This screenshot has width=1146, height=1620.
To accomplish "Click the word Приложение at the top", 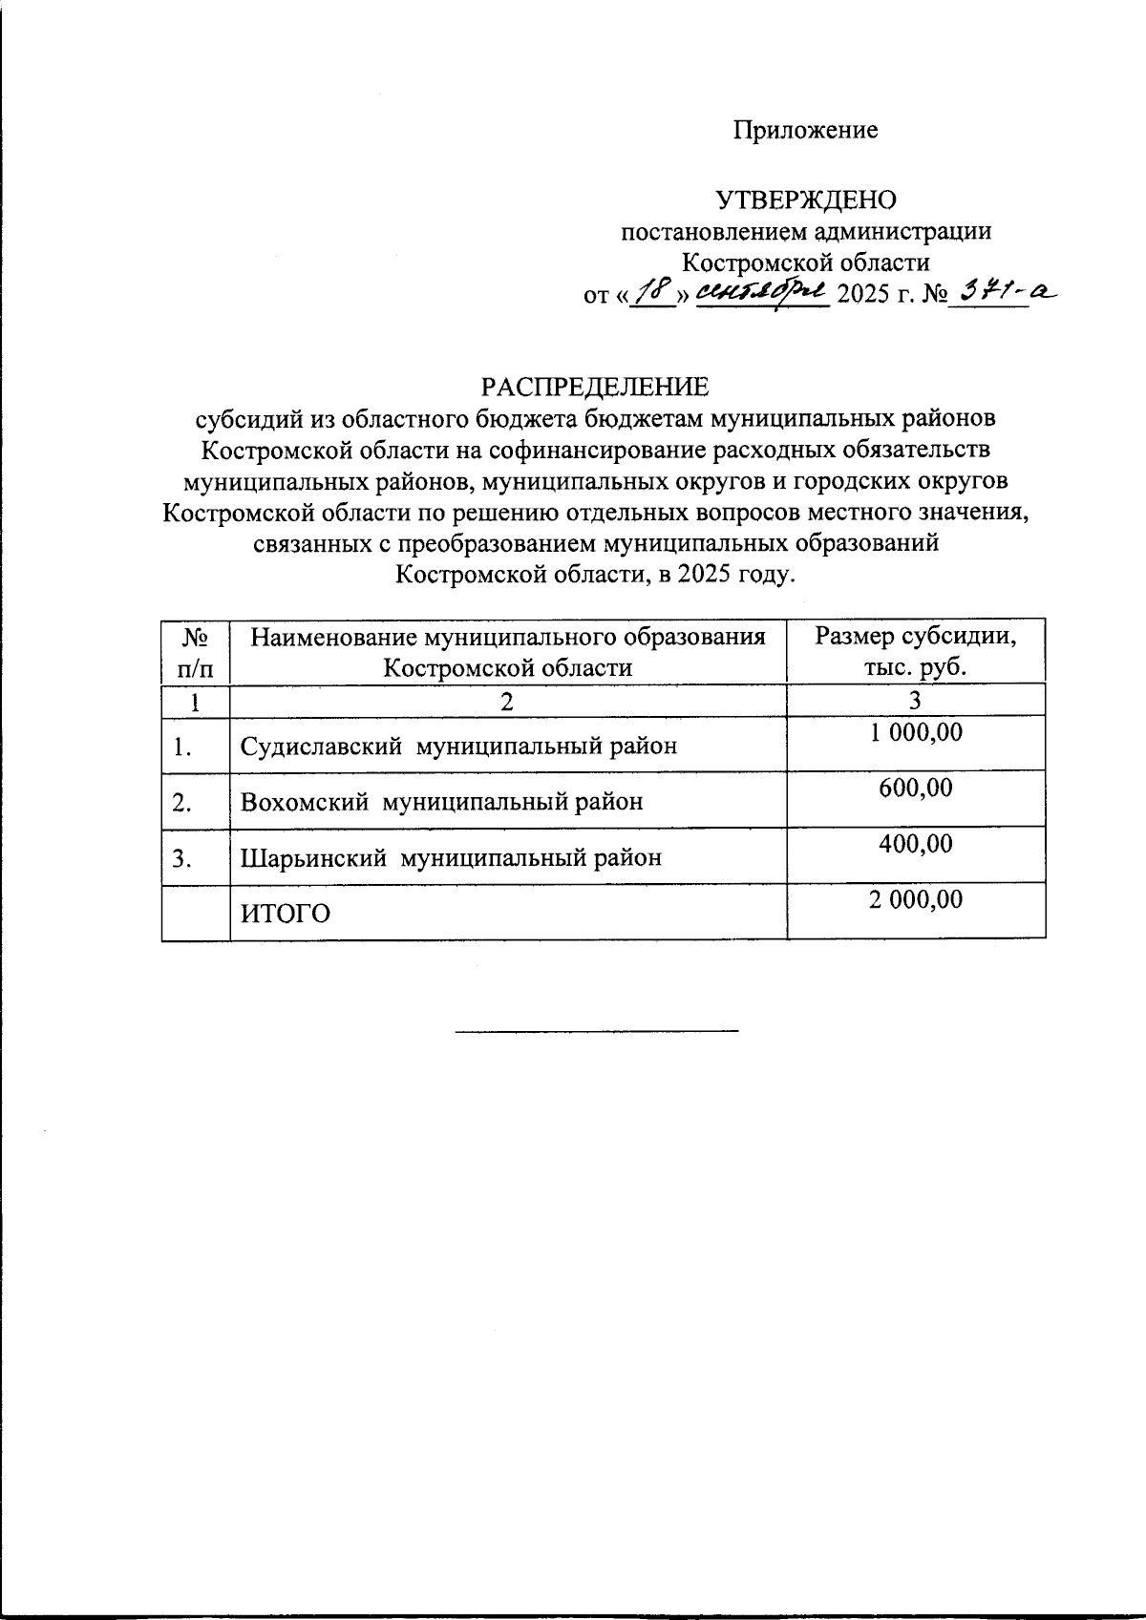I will tap(805, 131).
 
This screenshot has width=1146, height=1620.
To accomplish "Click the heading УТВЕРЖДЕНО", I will tap(806, 200).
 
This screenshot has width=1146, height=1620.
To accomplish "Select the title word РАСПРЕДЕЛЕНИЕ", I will tap(595, 387).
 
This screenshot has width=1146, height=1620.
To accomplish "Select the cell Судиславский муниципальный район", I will tap(458, 746).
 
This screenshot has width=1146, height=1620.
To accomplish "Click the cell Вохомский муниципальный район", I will tap(441, 802).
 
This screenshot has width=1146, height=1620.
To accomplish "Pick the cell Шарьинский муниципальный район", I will tap(450, 857).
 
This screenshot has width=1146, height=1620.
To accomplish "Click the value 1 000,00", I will tap(915, 733).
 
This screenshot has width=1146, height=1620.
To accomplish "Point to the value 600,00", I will tap(915, 789).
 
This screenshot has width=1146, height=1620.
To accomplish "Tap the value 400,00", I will tap(915, 844).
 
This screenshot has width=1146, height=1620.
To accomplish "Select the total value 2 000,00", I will tap(915, 899).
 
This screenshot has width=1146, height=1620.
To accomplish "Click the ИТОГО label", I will tap(285, 915).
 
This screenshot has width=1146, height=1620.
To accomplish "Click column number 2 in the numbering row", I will tap(507, 702).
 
